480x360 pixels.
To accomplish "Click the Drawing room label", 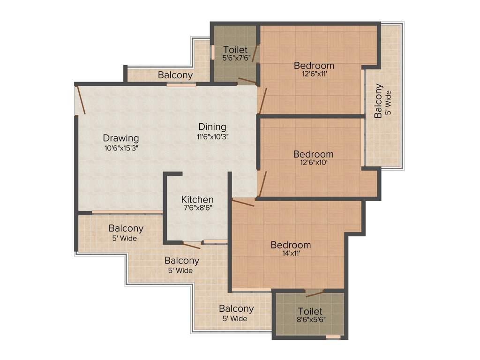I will [121, 138].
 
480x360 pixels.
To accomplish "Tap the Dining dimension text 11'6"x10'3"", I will [212, 137].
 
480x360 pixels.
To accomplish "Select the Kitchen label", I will [197, 200].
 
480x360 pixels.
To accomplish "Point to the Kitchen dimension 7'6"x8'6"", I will [197, 209].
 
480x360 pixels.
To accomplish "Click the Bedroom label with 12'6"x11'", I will [314, 65].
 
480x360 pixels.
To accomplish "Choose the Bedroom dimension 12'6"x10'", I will [314, 163].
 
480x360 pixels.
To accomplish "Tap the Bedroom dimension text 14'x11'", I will [291, 254].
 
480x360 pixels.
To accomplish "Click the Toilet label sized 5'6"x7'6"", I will [235, 50].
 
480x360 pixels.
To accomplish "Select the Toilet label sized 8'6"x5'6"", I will [310, 311].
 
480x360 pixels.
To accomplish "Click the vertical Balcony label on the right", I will [378, 101].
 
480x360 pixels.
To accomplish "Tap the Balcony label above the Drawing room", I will [175, 75].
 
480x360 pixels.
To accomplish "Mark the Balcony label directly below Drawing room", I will [126, 229].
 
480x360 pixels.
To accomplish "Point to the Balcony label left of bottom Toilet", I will [236, 309].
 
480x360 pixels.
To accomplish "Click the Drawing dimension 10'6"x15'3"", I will [121, 148].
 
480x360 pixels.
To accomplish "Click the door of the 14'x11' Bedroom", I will [243, 202].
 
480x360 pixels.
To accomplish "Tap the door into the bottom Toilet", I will [314, 294].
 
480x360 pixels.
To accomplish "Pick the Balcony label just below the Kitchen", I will [181, 261].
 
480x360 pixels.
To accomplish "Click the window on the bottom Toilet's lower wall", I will [333, 337].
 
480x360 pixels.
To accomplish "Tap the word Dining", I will [212, 127].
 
